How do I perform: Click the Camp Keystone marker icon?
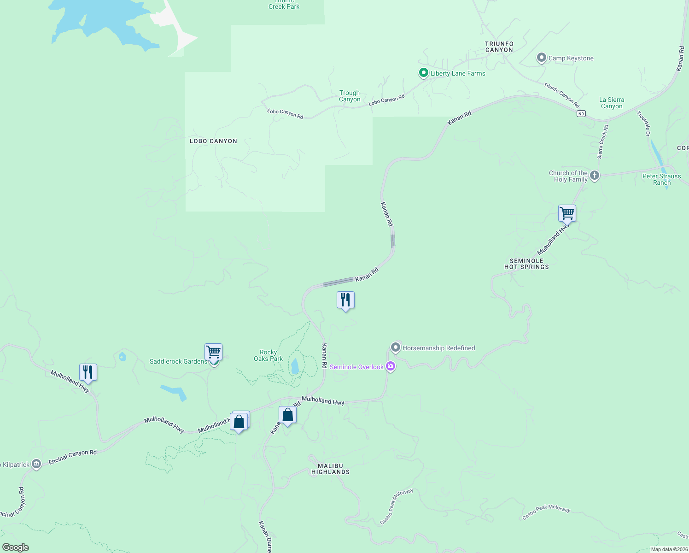[x=542, y=58]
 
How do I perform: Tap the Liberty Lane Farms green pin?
[x=423, y=73]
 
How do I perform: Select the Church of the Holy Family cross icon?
[x=595, y=176]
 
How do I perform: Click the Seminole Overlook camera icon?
[x=391, y=366]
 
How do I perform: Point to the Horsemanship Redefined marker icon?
[x=395, y=347]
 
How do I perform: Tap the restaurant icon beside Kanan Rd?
[x=345, y=300]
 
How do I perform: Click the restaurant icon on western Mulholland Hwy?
[x=88, y=372]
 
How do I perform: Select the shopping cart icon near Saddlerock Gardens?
[x=213, y=353]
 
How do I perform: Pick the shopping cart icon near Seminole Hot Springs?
[x=567, y=213]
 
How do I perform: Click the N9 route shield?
[x=581, y=114]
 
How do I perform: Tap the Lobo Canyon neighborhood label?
[x=213, y=141]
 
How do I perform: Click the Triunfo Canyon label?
[x=499, y=47]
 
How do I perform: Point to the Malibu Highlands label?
[x=331, y=469]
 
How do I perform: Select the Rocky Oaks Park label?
[x=268, y=355]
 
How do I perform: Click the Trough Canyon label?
[x=350, y=96]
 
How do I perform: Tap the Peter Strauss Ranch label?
[x=661, y=179]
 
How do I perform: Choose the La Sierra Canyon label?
[x=612, y=103]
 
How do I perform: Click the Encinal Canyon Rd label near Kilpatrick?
[x=72, y=456]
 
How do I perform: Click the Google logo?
[x=16, y=547]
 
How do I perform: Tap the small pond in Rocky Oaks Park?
[x=295, y=366]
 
